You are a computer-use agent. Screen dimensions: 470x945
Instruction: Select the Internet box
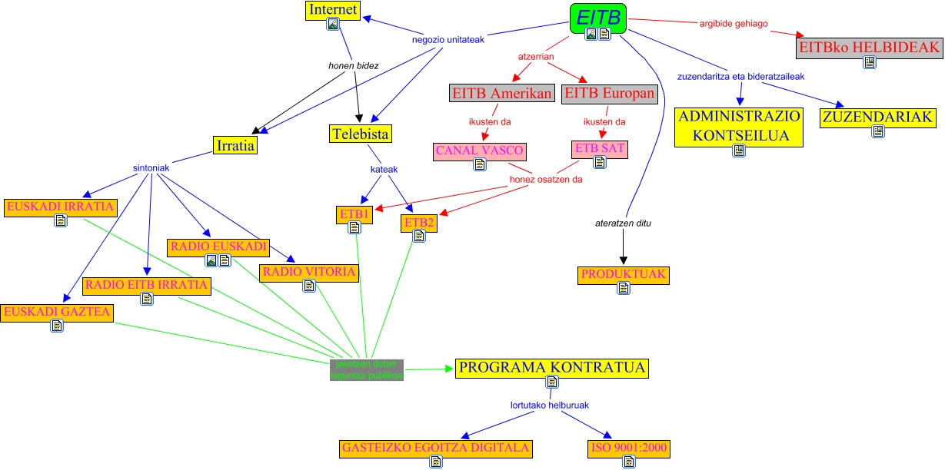(x=333, y=10)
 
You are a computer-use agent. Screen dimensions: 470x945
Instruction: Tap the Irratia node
(x=235, y=145)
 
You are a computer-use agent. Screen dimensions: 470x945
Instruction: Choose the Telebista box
(x=361, y=134)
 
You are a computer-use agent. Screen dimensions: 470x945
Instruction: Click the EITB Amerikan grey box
(x=502, y=94)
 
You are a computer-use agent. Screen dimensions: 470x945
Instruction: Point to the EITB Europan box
(x=611, y=94)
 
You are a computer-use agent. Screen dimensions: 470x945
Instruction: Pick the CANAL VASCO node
(x=480, y=151)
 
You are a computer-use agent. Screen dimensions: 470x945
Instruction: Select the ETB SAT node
(x=599, y=147)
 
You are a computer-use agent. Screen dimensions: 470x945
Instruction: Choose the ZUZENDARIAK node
(x=878, y=118)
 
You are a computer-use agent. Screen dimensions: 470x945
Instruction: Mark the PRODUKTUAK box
(x=623, y=274)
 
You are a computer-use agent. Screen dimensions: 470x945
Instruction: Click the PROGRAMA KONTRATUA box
(x=551, y=368)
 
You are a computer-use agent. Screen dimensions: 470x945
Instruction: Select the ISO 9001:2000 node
(x=629, y=448)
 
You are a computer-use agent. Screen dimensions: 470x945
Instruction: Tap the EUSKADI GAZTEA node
(x=57, y=312)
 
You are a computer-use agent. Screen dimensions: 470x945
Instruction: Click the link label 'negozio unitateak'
(x=448, y=40)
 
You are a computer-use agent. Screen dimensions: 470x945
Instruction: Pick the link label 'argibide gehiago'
(x=733, y=24)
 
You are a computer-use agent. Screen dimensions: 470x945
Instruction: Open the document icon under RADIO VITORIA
(x=309, y=286)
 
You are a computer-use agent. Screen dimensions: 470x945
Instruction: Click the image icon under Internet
(x=333, y=24)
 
